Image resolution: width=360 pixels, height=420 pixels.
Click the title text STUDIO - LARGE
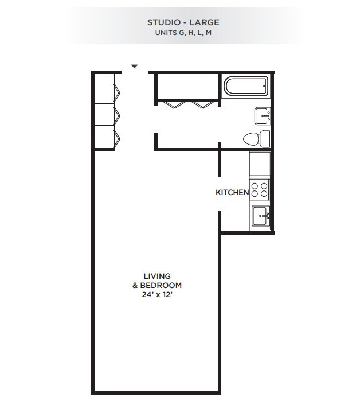pyautogui.click(x=183, y=22)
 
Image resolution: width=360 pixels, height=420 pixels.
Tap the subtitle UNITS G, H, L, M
pyautogui.click(x=183, y=33)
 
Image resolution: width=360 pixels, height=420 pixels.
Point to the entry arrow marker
pyautogui.click(x=134, y=67)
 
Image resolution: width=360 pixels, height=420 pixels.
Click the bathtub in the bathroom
pyautogui.click(x=245, y=86)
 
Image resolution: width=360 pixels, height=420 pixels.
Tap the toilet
pyautogui.click(x=256, y=138)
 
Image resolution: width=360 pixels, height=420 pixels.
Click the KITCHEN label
pyautogui.click(x=232, y=193)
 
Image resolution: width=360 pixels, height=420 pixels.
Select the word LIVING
pyautogui.click(x=157, y=276)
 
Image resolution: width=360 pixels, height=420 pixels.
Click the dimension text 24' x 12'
pyautogui.click(x=157, y=295)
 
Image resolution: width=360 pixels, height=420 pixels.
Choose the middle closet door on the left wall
pyautogui.click(x=116, y=114)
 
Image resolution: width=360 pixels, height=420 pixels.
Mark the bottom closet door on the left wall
pyautogui.click(x=116, y=138)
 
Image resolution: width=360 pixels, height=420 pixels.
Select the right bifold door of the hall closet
pyautogui.click(x=203, y=104)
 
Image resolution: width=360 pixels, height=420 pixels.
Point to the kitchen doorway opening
pyautogui.click(x=219, y=193)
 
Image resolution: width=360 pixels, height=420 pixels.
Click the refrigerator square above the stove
pyautogui.click(x=259, y=165)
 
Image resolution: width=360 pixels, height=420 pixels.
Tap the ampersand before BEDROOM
pyautogui.click(x=135, y=286)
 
